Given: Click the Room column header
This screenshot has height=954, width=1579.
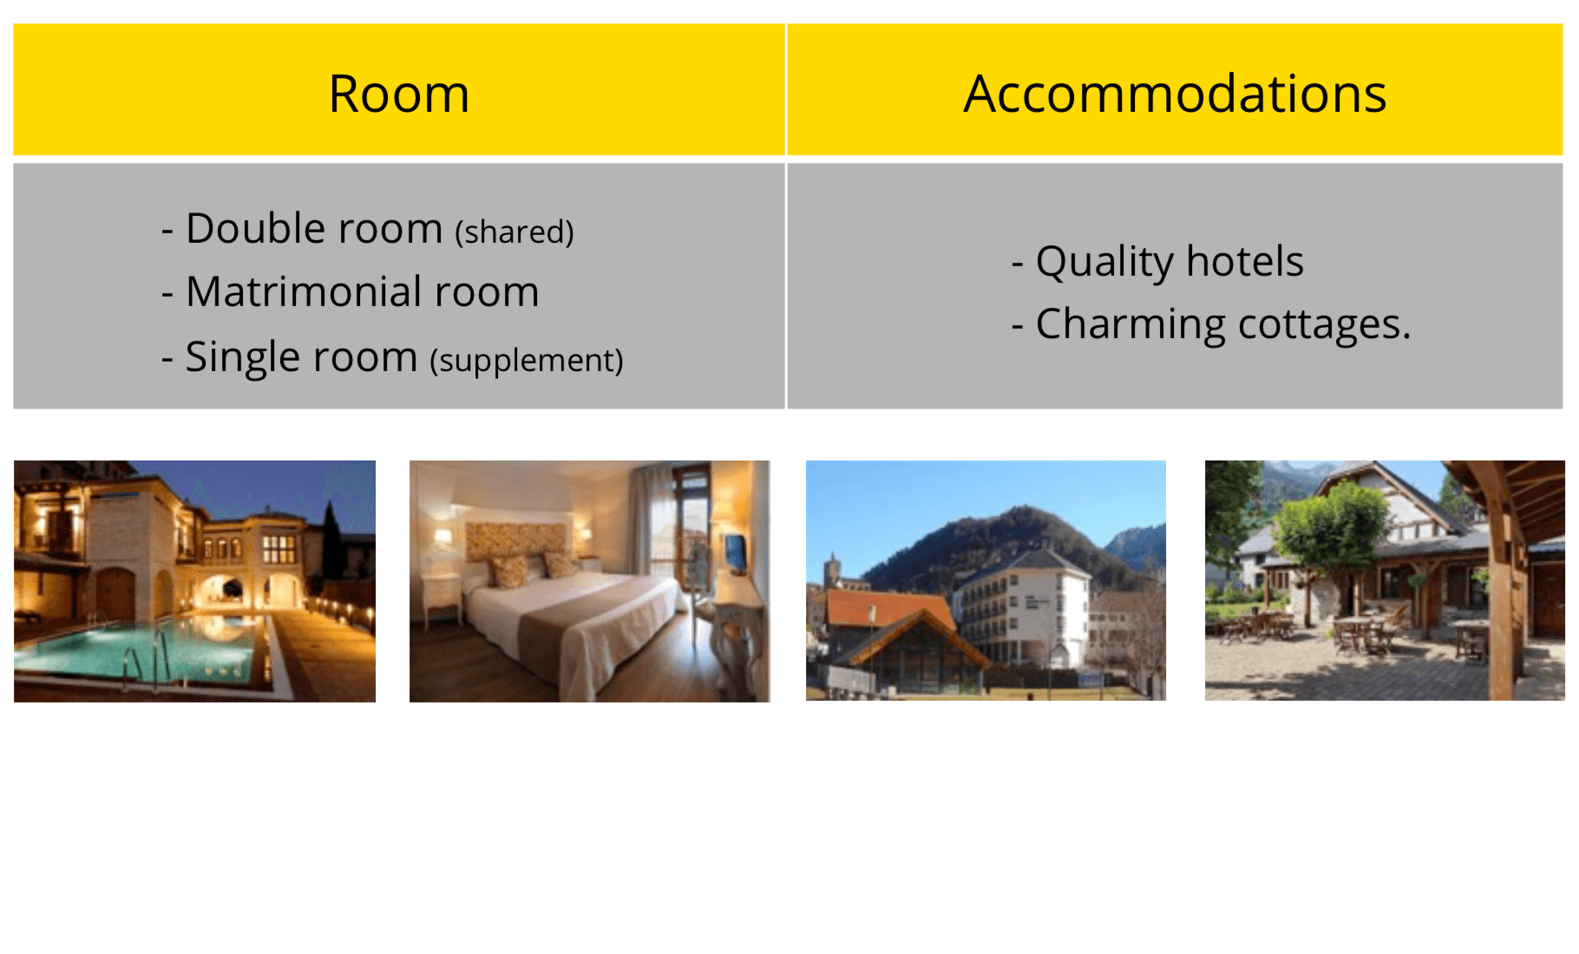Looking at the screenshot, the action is [399, 94].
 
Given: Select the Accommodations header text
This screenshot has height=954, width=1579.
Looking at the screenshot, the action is [1175, 94].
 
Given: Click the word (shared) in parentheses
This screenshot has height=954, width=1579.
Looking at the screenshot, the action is [514, 232].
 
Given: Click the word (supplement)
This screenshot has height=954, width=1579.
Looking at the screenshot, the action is [527, 361].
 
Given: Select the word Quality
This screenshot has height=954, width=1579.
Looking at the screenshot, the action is [1105, 262].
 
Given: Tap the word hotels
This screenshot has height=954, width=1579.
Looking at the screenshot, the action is [1245, 261].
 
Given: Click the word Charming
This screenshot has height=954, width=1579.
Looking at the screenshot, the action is [1131, 325].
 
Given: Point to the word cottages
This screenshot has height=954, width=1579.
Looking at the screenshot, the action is [1325, 324].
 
